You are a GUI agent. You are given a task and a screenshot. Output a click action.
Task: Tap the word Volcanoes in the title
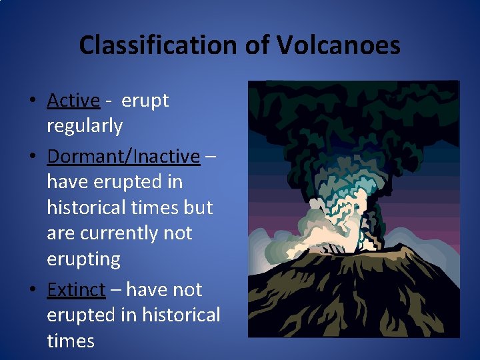[338, 45]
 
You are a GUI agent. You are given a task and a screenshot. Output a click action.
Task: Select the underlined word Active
[73, 101]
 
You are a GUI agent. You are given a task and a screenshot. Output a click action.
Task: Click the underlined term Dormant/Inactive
[123, 157]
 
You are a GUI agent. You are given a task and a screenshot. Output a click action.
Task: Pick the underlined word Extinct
[76, 290]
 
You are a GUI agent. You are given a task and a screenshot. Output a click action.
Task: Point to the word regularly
[85, 126]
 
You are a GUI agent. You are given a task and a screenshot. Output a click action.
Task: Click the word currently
[130, 233]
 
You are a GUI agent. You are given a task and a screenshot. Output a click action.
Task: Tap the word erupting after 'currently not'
[83, 259]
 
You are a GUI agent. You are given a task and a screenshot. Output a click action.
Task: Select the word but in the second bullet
[198, 207]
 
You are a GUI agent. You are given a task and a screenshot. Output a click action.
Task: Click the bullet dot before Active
[32, 101]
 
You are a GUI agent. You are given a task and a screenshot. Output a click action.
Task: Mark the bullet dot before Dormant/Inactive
[32, 157]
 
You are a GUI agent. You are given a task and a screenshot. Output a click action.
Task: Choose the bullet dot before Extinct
[32, 291]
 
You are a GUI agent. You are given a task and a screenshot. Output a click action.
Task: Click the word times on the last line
[71, 341]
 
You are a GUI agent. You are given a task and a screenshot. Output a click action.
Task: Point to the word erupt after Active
[145, 101]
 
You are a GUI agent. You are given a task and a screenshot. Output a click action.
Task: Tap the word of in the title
[255, 45]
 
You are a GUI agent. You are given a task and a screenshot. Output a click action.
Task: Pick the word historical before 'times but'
[87, 207]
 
